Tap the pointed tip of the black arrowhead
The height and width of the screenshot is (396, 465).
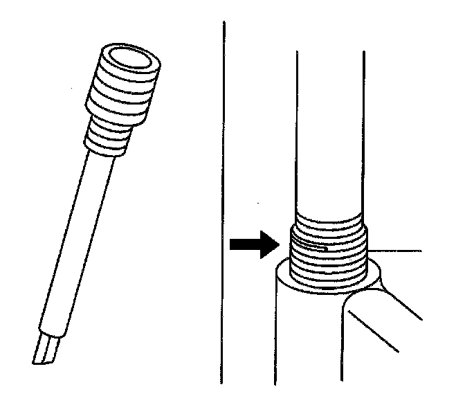pos(277,244)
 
